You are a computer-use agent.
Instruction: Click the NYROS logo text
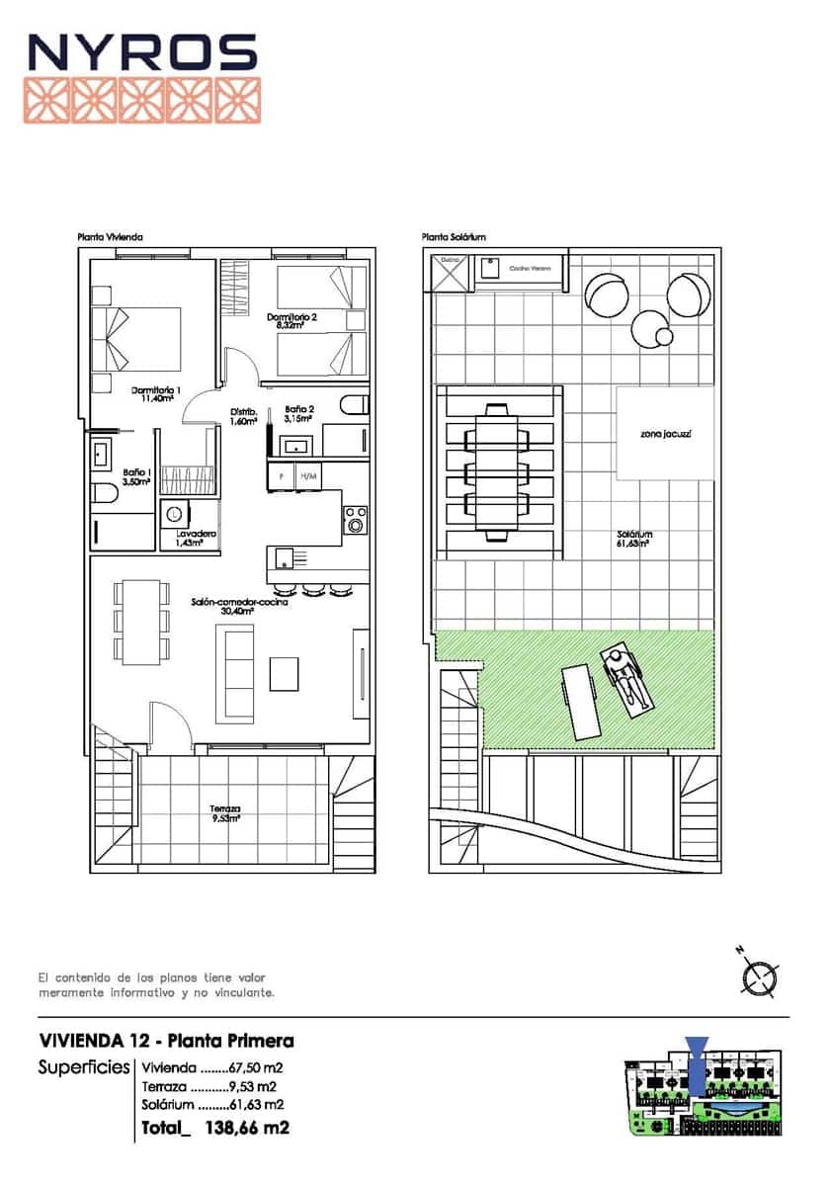(x=142, y=52)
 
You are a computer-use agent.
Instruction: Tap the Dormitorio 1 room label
(x=156, y=394)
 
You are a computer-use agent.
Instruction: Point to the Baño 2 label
(x=299, y=413)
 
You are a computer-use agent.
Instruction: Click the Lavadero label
(x=196, y=538)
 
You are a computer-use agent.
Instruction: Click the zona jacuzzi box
(x=665, y=434)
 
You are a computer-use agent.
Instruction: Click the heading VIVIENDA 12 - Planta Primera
(x=166, y=1041)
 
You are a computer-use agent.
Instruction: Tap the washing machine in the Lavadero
(x=175, y=514)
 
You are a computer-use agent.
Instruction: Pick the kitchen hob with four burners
(x=355, y=519)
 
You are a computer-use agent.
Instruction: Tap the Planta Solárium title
(x=454, y=237)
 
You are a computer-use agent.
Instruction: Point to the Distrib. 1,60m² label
(x=244, y=416)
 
